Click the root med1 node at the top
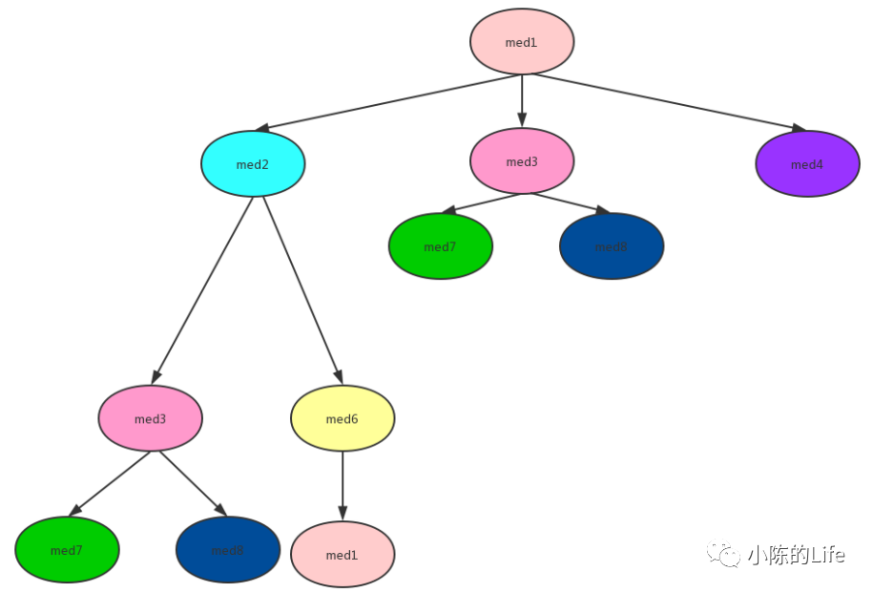click(x=521, y=42)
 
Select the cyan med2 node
click(x=253, y=164)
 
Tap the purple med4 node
click(x=807, y=164)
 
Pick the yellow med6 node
click(x=342, y=418)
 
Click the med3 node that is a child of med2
click(x=150, y=418)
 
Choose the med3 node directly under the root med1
click(x=521, y=161)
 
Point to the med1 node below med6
click(x=342, y=555)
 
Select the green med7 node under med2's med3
click(x=67, y=550)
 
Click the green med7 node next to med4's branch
click(x=440, y=246)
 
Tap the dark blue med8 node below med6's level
click(x=227, y=550)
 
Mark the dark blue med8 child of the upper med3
click(x=611, y=246)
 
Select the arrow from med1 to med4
click(x=668, y=101)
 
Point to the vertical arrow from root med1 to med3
click(x=522, y=100)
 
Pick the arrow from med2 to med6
click(x=302, y=290)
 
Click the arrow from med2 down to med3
click(x=202, y=290)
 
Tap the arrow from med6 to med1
click(x=343, y=486)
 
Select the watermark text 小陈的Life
click(x=796, y=555)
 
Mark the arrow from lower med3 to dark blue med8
click(x=193, y=484)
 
